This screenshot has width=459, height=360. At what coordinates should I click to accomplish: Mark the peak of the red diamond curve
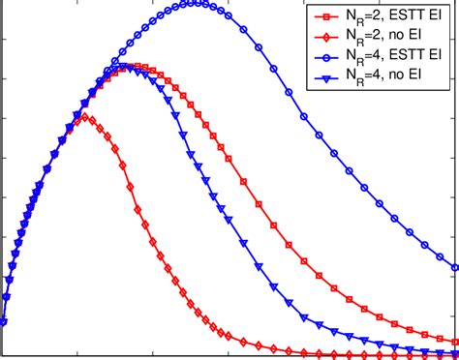(x=86, y=117)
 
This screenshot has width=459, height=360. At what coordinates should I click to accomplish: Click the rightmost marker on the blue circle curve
(x=456, y=267)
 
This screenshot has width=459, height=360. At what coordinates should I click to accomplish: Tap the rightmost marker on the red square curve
(x=456, y=341)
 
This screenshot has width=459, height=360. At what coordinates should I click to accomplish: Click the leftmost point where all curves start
(x=3, y=322)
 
